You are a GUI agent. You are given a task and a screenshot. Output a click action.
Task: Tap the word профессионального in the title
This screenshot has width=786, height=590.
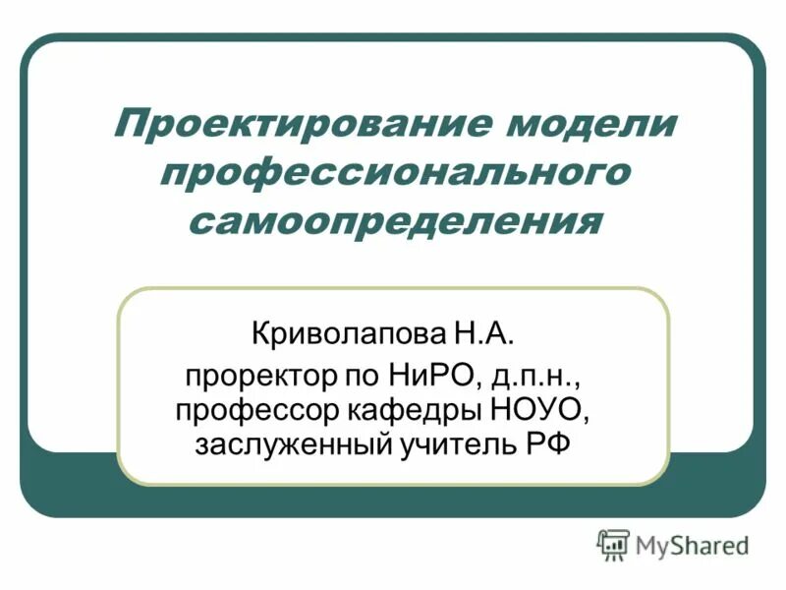click(393, 173)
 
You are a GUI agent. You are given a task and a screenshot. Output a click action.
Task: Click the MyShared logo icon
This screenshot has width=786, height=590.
click(613, 544)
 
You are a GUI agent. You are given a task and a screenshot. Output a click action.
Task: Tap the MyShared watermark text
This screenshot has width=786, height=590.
click(692, 544)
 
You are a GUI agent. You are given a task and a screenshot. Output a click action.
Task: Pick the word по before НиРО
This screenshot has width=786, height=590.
click(357, 377)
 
